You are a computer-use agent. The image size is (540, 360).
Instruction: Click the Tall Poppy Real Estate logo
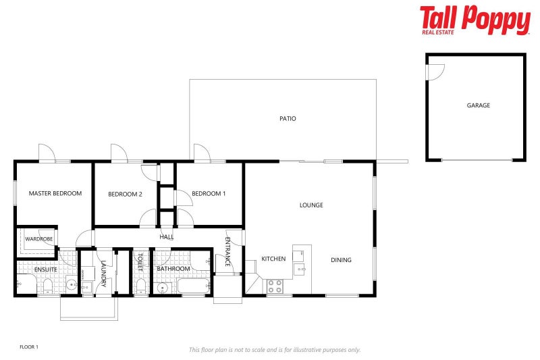point(475,20)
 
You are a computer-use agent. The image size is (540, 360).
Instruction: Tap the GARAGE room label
point(478,105)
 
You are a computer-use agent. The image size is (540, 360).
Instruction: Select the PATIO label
point(288,119)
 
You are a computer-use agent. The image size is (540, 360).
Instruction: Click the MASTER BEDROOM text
point(55,193)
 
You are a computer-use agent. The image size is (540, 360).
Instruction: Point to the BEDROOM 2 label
point(125,195)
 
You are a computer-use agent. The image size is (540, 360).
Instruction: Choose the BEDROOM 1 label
point(209,194)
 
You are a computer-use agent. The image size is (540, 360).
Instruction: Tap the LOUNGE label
point(311,205)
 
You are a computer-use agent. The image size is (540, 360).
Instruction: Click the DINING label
point(341,260)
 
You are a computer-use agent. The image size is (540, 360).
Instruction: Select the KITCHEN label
point(273,259)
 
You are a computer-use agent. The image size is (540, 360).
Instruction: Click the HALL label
point(167,237)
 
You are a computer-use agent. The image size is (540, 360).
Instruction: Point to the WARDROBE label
point(38,239)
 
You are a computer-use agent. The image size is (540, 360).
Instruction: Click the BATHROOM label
point(173,269)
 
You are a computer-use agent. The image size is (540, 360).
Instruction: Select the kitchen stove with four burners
point(274,286)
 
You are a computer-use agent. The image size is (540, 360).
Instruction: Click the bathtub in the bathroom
point(194,287)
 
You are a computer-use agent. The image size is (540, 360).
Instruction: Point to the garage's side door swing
point(435,70)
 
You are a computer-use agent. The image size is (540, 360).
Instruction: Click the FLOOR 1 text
point(29,346)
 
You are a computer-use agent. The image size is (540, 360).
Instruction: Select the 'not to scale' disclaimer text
point(275,350)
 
